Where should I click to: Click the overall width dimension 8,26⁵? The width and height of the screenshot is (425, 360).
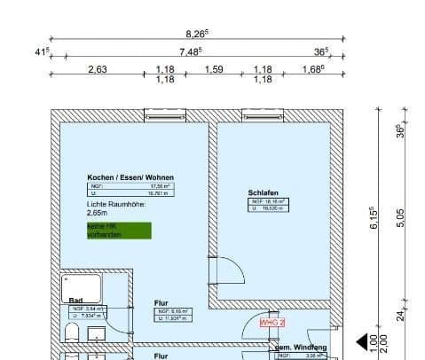click(x=197, y=33)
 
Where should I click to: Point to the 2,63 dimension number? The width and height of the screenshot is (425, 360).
click(x=98, y=69)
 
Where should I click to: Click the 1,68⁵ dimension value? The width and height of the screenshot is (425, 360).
click(x=314, y=69)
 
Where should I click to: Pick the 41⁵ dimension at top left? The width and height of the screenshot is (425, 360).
click(x=41, y=51)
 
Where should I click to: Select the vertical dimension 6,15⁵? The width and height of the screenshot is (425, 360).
click(x=374, y=219)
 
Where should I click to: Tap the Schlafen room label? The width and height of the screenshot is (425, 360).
click(x=264, y=192)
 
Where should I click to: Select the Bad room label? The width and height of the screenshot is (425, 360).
click(x=75, y=301)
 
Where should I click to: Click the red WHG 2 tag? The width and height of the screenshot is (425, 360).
click(x=272, y=324)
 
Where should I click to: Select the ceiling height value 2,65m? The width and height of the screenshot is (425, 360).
click(x=96, y=213)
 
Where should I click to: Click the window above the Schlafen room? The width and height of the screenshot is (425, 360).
click(x=262, y=115)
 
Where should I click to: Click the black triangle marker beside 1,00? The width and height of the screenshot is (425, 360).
click(x=362, y=341)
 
